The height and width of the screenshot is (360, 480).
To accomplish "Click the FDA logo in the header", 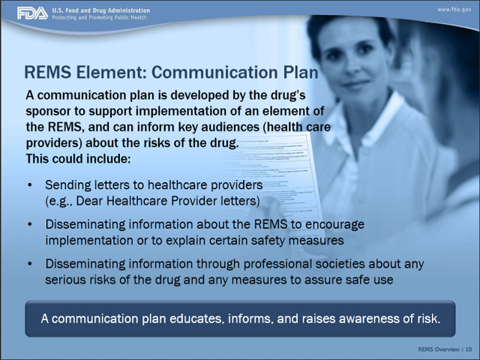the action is click(x=32, y=13).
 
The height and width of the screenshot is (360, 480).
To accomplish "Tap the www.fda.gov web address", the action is click(x=454, y=10).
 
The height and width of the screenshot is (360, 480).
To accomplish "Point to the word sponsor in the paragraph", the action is click(x=48, y=112).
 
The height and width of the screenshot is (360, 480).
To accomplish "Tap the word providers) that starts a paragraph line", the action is click(x=54, y=143).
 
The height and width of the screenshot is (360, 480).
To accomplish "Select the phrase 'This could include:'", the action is click(x=78, y=159).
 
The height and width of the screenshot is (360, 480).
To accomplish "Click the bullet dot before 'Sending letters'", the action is click(x=30, y=185).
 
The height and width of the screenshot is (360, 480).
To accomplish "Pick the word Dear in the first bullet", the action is click(x=88, y=201).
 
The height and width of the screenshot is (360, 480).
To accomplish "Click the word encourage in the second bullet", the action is click(x=334, y=225).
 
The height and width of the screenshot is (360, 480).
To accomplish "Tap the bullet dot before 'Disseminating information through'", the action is click(x=30, y=263).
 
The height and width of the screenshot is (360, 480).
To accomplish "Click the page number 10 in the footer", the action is click(x=469, y=349).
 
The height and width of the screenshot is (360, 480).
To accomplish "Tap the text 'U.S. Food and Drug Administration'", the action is click(x=101, y=10).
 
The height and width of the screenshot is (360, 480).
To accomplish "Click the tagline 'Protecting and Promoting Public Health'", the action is click(x=99, y=17).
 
